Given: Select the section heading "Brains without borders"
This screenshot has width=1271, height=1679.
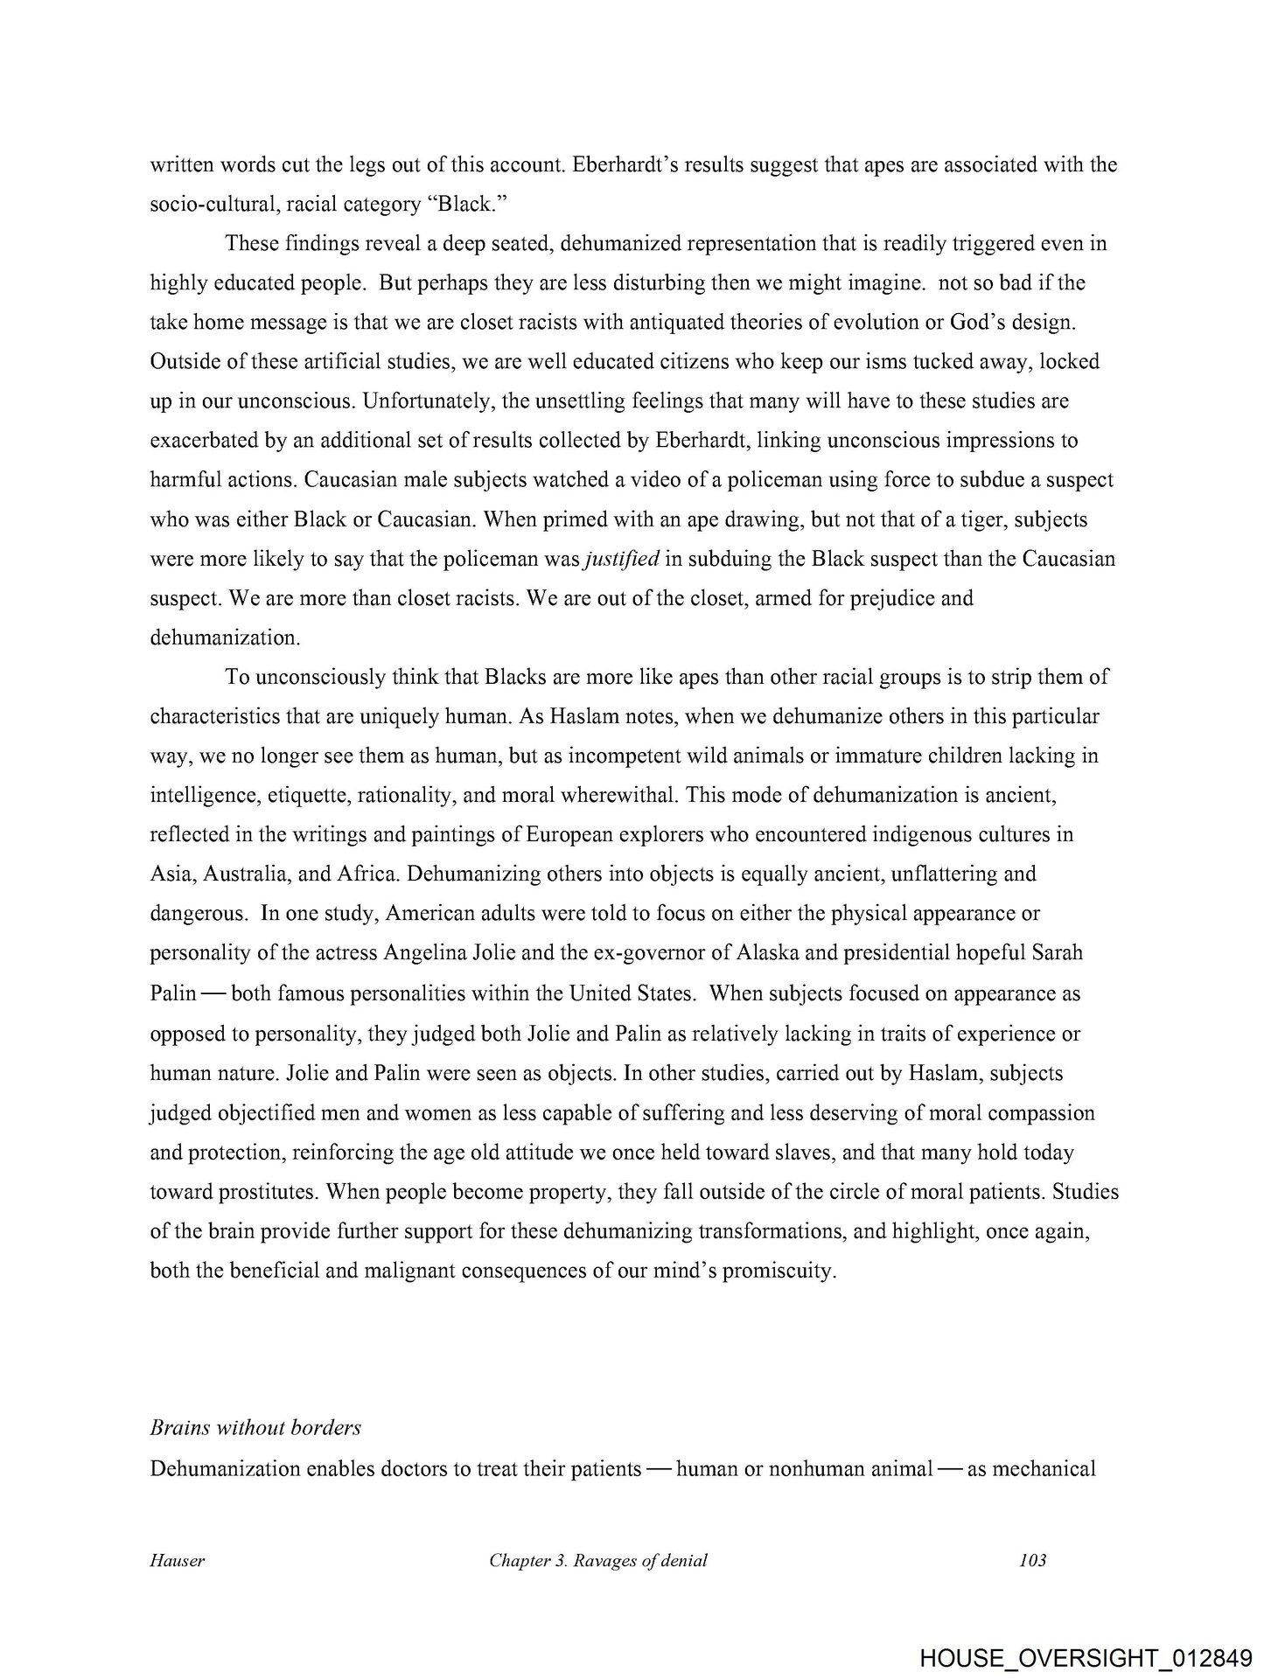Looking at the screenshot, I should (255, 1428).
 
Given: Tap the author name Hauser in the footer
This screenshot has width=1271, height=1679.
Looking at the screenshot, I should (178, 1560).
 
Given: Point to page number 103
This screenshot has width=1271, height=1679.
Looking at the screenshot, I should (1033, 1560).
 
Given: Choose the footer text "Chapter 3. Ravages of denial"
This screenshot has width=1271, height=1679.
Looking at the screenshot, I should (598, 1560).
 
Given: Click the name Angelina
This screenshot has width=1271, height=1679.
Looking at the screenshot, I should (427, 953).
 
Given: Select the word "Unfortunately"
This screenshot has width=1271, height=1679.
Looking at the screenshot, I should (426, 401).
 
